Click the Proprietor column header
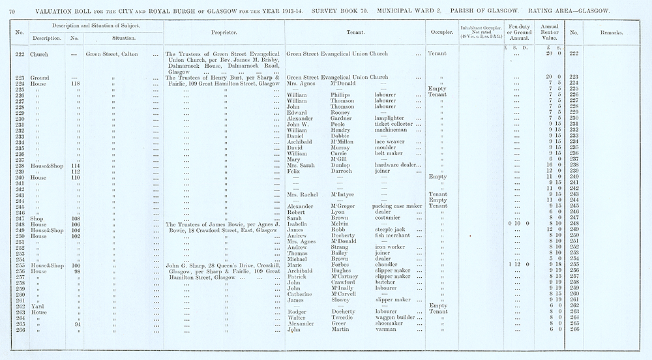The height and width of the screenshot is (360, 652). pos(224,32)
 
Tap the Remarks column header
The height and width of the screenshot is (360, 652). pos(611,32)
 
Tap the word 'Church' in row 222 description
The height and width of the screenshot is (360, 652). pos(40,54)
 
